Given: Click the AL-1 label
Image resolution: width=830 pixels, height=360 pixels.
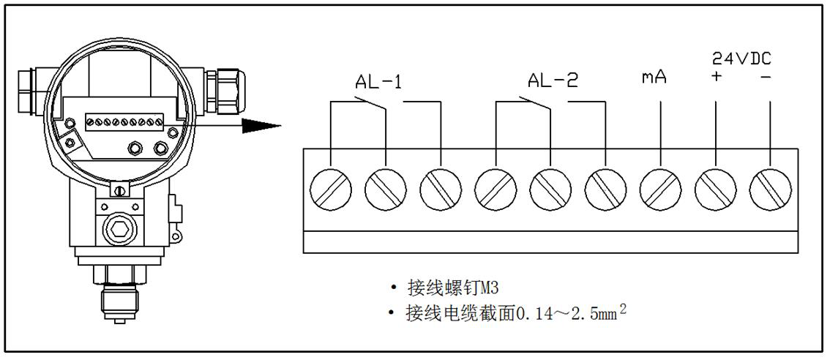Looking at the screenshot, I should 378,81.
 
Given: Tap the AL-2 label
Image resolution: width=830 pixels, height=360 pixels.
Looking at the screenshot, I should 553,80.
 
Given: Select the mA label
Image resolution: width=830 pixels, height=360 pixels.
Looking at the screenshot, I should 654,77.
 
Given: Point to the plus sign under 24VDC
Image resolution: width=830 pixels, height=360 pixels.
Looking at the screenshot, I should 716,77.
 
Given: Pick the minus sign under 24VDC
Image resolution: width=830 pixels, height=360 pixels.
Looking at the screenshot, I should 766,77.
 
